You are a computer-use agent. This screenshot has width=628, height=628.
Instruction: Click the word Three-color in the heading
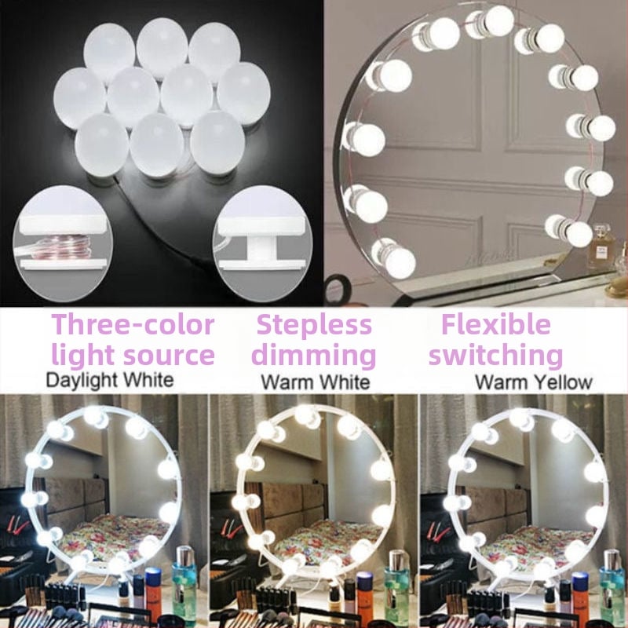pyautogui.click(x=133, y=324)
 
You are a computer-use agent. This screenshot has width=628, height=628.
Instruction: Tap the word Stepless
pyautogui.click(x=315, y=324)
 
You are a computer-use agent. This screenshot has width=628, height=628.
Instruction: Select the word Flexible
pyautogui.click(x=496, y=324)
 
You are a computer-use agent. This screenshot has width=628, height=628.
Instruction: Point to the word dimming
pyautogui.click(x=314, y=356)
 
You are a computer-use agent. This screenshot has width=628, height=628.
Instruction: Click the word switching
pyautogui.click(x=496, y=355)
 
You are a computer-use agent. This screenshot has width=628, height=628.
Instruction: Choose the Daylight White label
pyautogui.click(x=110, y=380)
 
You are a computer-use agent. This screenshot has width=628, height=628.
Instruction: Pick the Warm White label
pyautogui.click(x=316, y=382)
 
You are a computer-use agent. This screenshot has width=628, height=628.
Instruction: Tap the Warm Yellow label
pyautogui.click(x=534, y=382)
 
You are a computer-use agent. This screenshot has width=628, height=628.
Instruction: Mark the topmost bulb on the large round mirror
pyautogui.click(x=491, y=22)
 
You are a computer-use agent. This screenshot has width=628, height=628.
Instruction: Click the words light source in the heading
pyautogui.click(x=133, y=356)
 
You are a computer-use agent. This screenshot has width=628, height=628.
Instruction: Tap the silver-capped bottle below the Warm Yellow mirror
pyautogui.click(x=612, y=585)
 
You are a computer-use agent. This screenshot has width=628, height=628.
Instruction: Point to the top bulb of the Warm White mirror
pyautogui.click(x=308, y=417)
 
